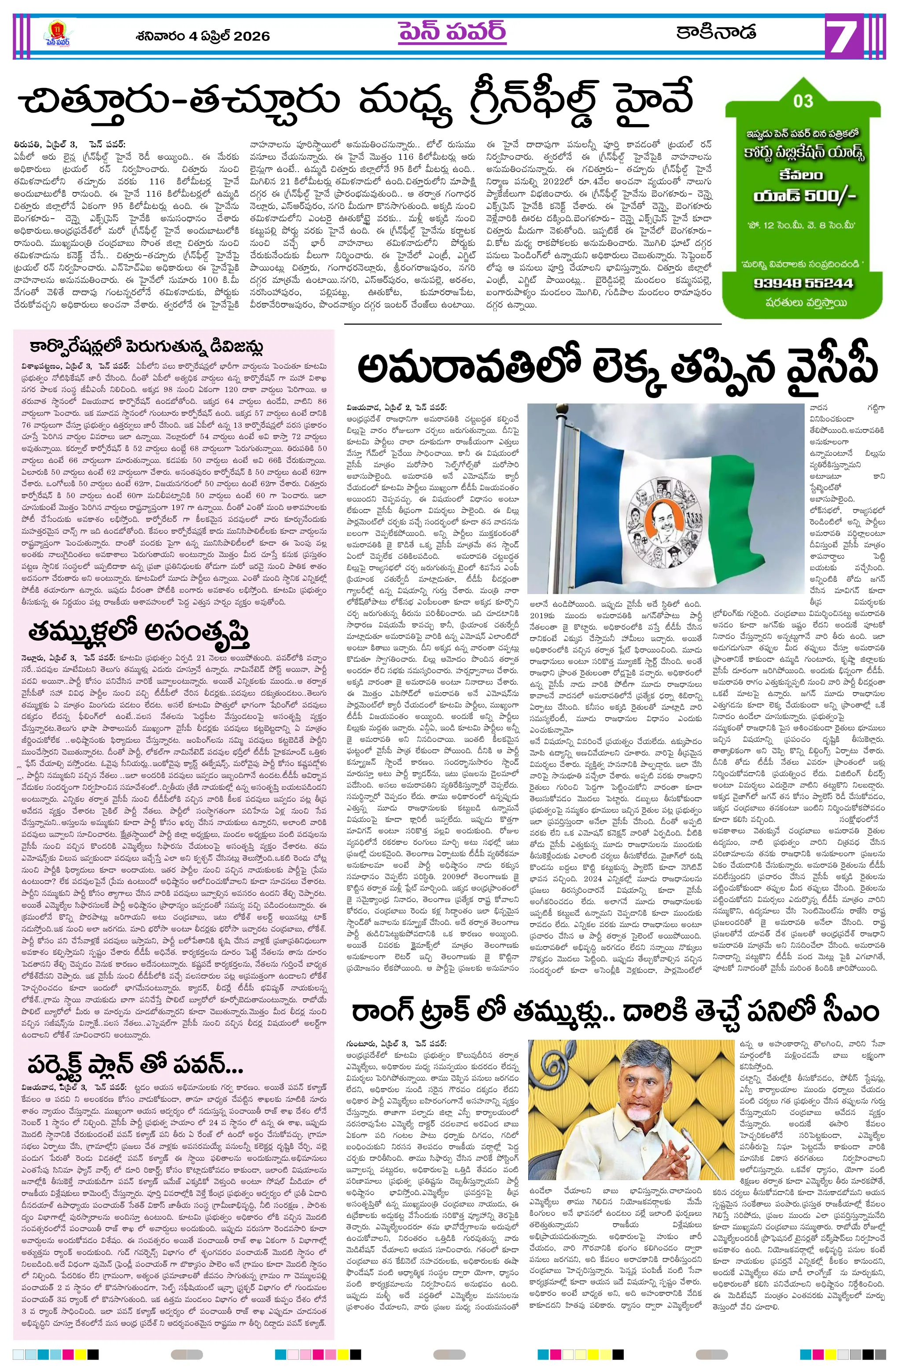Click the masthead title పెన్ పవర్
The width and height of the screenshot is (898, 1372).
coord(452,32)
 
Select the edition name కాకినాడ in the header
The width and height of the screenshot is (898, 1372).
coord(716,32)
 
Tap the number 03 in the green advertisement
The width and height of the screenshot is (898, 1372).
coord(803,101)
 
